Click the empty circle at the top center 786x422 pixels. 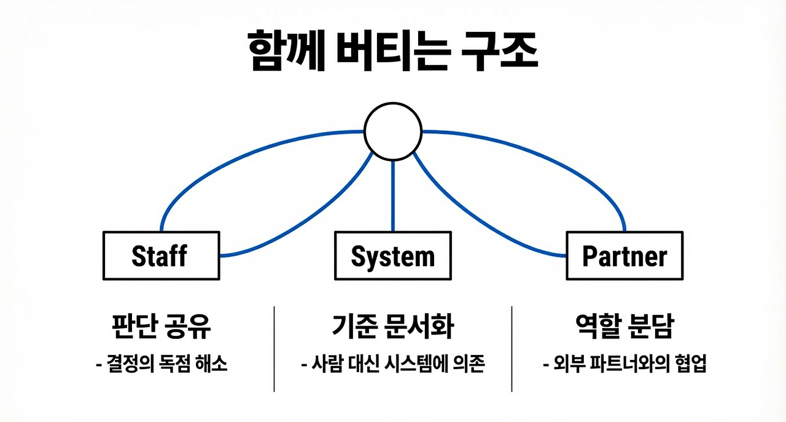[x=393, y=131]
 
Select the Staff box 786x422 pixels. [x=160, y=256]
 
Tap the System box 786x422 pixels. [x=393, y=256]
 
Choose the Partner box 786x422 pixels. [x=625, y=256]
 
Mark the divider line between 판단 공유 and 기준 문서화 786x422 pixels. [x=274, y=348]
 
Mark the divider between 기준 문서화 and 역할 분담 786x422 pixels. [x=512, y=348]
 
